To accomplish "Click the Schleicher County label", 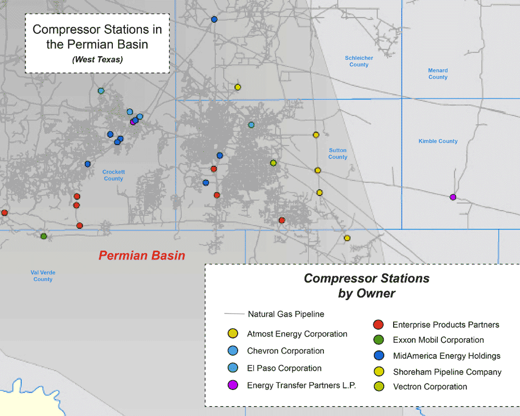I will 359,61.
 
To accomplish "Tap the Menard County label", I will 438,74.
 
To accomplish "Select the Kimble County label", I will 438,141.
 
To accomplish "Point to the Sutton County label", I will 337,153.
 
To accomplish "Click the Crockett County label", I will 113,175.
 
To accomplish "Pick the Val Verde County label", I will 43,276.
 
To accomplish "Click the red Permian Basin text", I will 142,256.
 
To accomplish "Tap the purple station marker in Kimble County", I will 453,197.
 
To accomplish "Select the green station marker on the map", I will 44,236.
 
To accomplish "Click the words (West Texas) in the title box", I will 98,60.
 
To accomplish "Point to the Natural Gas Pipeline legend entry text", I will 286,314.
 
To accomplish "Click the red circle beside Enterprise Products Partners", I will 379,325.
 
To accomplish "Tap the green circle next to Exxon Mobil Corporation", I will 379,340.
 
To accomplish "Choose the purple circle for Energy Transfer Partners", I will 233,385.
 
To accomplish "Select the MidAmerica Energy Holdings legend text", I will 446,356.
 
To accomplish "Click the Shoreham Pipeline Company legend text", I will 447,372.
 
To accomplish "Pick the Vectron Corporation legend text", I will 430,387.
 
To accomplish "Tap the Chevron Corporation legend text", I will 285,351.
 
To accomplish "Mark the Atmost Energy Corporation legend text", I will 297,334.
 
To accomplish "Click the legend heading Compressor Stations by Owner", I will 367,285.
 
